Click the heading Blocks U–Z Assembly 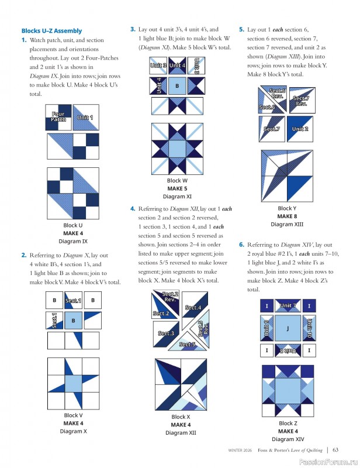pyautogui.click(x=51, y=30)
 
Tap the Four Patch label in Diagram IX pyautogui.click(x=58, y=116)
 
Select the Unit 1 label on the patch pyautogui.click(x=85, y=118)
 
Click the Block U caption pyautogui.click(x=72, y=225)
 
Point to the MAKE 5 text pyautogui.click(x=177, y=189)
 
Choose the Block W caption pyautogui.click(x=177, y=181)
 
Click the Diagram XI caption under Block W pyautogui.click(x=177, y=197)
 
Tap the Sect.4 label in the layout pyautogui.click(x=193, y=308)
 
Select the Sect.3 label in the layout pyautogui.click(x=165, y=333)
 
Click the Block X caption pyautogui.click(x=181, y=417)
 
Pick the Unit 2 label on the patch pyautogui.click(x=300, y=129)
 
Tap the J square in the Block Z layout pyautogui.click(x=288, y=328)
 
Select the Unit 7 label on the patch pyautogui.click(x=288, y=305)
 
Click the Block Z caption pyautogui.click(x=286, y=423)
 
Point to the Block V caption pyautogui.click(x=73, y=415)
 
